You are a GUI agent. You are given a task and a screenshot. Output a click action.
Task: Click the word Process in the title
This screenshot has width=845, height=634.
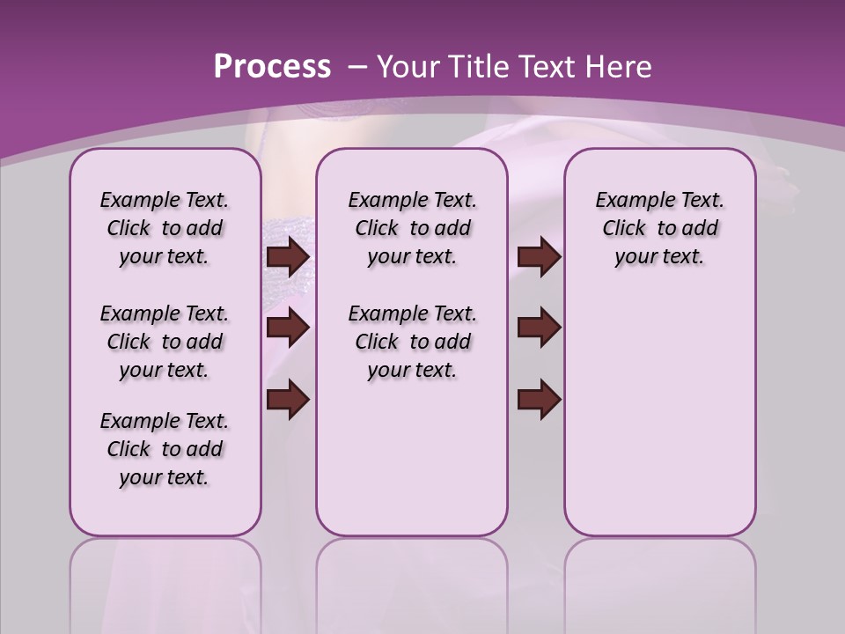pyautogui.click(x=272, y=67)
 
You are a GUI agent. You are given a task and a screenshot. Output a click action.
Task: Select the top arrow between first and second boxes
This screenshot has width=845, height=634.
pyautogui.click(x=288, y=257)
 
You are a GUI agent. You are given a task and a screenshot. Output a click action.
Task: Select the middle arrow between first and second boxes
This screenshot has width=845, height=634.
pyautogui.click(x=288, y=328)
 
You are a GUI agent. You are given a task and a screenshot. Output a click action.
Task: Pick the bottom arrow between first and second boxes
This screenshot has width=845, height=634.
pyautogui.click(x=288, y=399)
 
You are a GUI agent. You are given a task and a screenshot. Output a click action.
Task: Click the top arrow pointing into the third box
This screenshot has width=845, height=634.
pyautogui.click(x=539, y=257)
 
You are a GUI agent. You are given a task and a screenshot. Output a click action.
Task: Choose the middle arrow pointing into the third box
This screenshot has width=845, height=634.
pyautogui.click(x=539, y=328)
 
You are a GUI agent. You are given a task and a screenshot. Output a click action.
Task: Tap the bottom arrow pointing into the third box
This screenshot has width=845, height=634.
pyautogui.click(x=539, y=399)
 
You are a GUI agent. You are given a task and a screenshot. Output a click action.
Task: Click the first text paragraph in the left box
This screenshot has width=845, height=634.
pyautogui.click(x=165, y=228)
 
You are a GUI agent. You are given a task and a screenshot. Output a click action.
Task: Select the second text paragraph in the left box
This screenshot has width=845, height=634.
pyautogui.click(x=165, y=342)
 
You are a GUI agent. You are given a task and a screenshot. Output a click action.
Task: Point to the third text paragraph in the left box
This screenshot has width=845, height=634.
pyautogui.click(x=165, y=449)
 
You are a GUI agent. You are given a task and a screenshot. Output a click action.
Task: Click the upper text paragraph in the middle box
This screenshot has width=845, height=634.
pyautogui.click(x=412, y=228)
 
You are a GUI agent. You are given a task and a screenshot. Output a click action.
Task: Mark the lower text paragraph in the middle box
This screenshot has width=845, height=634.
pyautogui.click(x=412, y=342)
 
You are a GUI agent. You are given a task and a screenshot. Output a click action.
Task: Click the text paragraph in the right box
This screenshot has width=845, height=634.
pyautogui.click(x=659, y=228)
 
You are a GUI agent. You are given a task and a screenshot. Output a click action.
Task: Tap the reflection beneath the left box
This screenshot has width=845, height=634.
pyautogui.click(x=165, y=581)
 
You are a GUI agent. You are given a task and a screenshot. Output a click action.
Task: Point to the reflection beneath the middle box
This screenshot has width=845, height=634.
pyautogui.click(x=412, y=581)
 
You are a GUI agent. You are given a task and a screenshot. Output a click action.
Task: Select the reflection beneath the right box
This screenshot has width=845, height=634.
pyautogui.click(x=659, y=581)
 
